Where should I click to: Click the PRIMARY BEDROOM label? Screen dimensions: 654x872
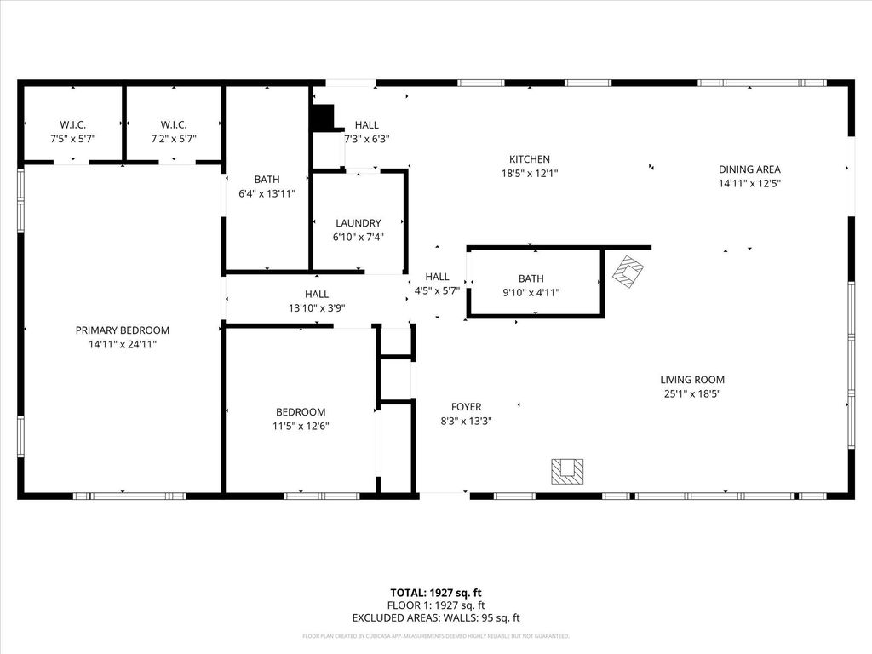pos(123,330)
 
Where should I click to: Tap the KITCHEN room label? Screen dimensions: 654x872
pos(530,159)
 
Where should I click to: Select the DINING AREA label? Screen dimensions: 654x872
pos(749,169)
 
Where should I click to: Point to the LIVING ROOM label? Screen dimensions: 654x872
pos(692,380)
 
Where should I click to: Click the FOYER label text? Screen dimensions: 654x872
pos(467,407)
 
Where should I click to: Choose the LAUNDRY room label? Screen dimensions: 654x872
pos(358,223)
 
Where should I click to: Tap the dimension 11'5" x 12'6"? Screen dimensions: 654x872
pos(301,426)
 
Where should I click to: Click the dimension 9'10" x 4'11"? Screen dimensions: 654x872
pos(531,292)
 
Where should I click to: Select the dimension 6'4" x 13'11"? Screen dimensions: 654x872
pos(267,193)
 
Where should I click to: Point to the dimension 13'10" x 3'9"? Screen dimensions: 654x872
pos(316,308)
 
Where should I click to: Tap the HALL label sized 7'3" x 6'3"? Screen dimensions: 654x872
pos(367,125)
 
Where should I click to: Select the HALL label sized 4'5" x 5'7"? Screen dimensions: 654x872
pos(437,277)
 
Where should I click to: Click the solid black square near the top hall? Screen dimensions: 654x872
pos(322,118)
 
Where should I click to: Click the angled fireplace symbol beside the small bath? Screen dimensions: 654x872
pos(628,272)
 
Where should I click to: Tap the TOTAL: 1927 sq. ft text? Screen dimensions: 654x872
pos(436,593)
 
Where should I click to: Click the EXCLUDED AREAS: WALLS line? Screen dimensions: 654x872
pos(436,618)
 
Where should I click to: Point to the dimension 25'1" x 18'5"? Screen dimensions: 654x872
pos(692,393)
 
